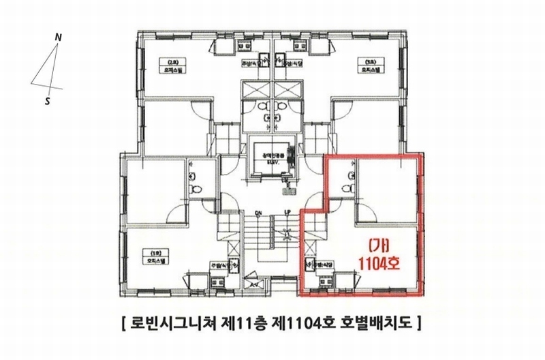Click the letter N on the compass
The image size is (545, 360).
[59, 38]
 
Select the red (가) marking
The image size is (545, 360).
[378, 245]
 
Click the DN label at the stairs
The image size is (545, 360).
[259, 213]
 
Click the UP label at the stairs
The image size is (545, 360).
[287, 213]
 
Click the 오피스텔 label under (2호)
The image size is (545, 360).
[165, 69]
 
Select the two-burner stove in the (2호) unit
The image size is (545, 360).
[243, 44]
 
